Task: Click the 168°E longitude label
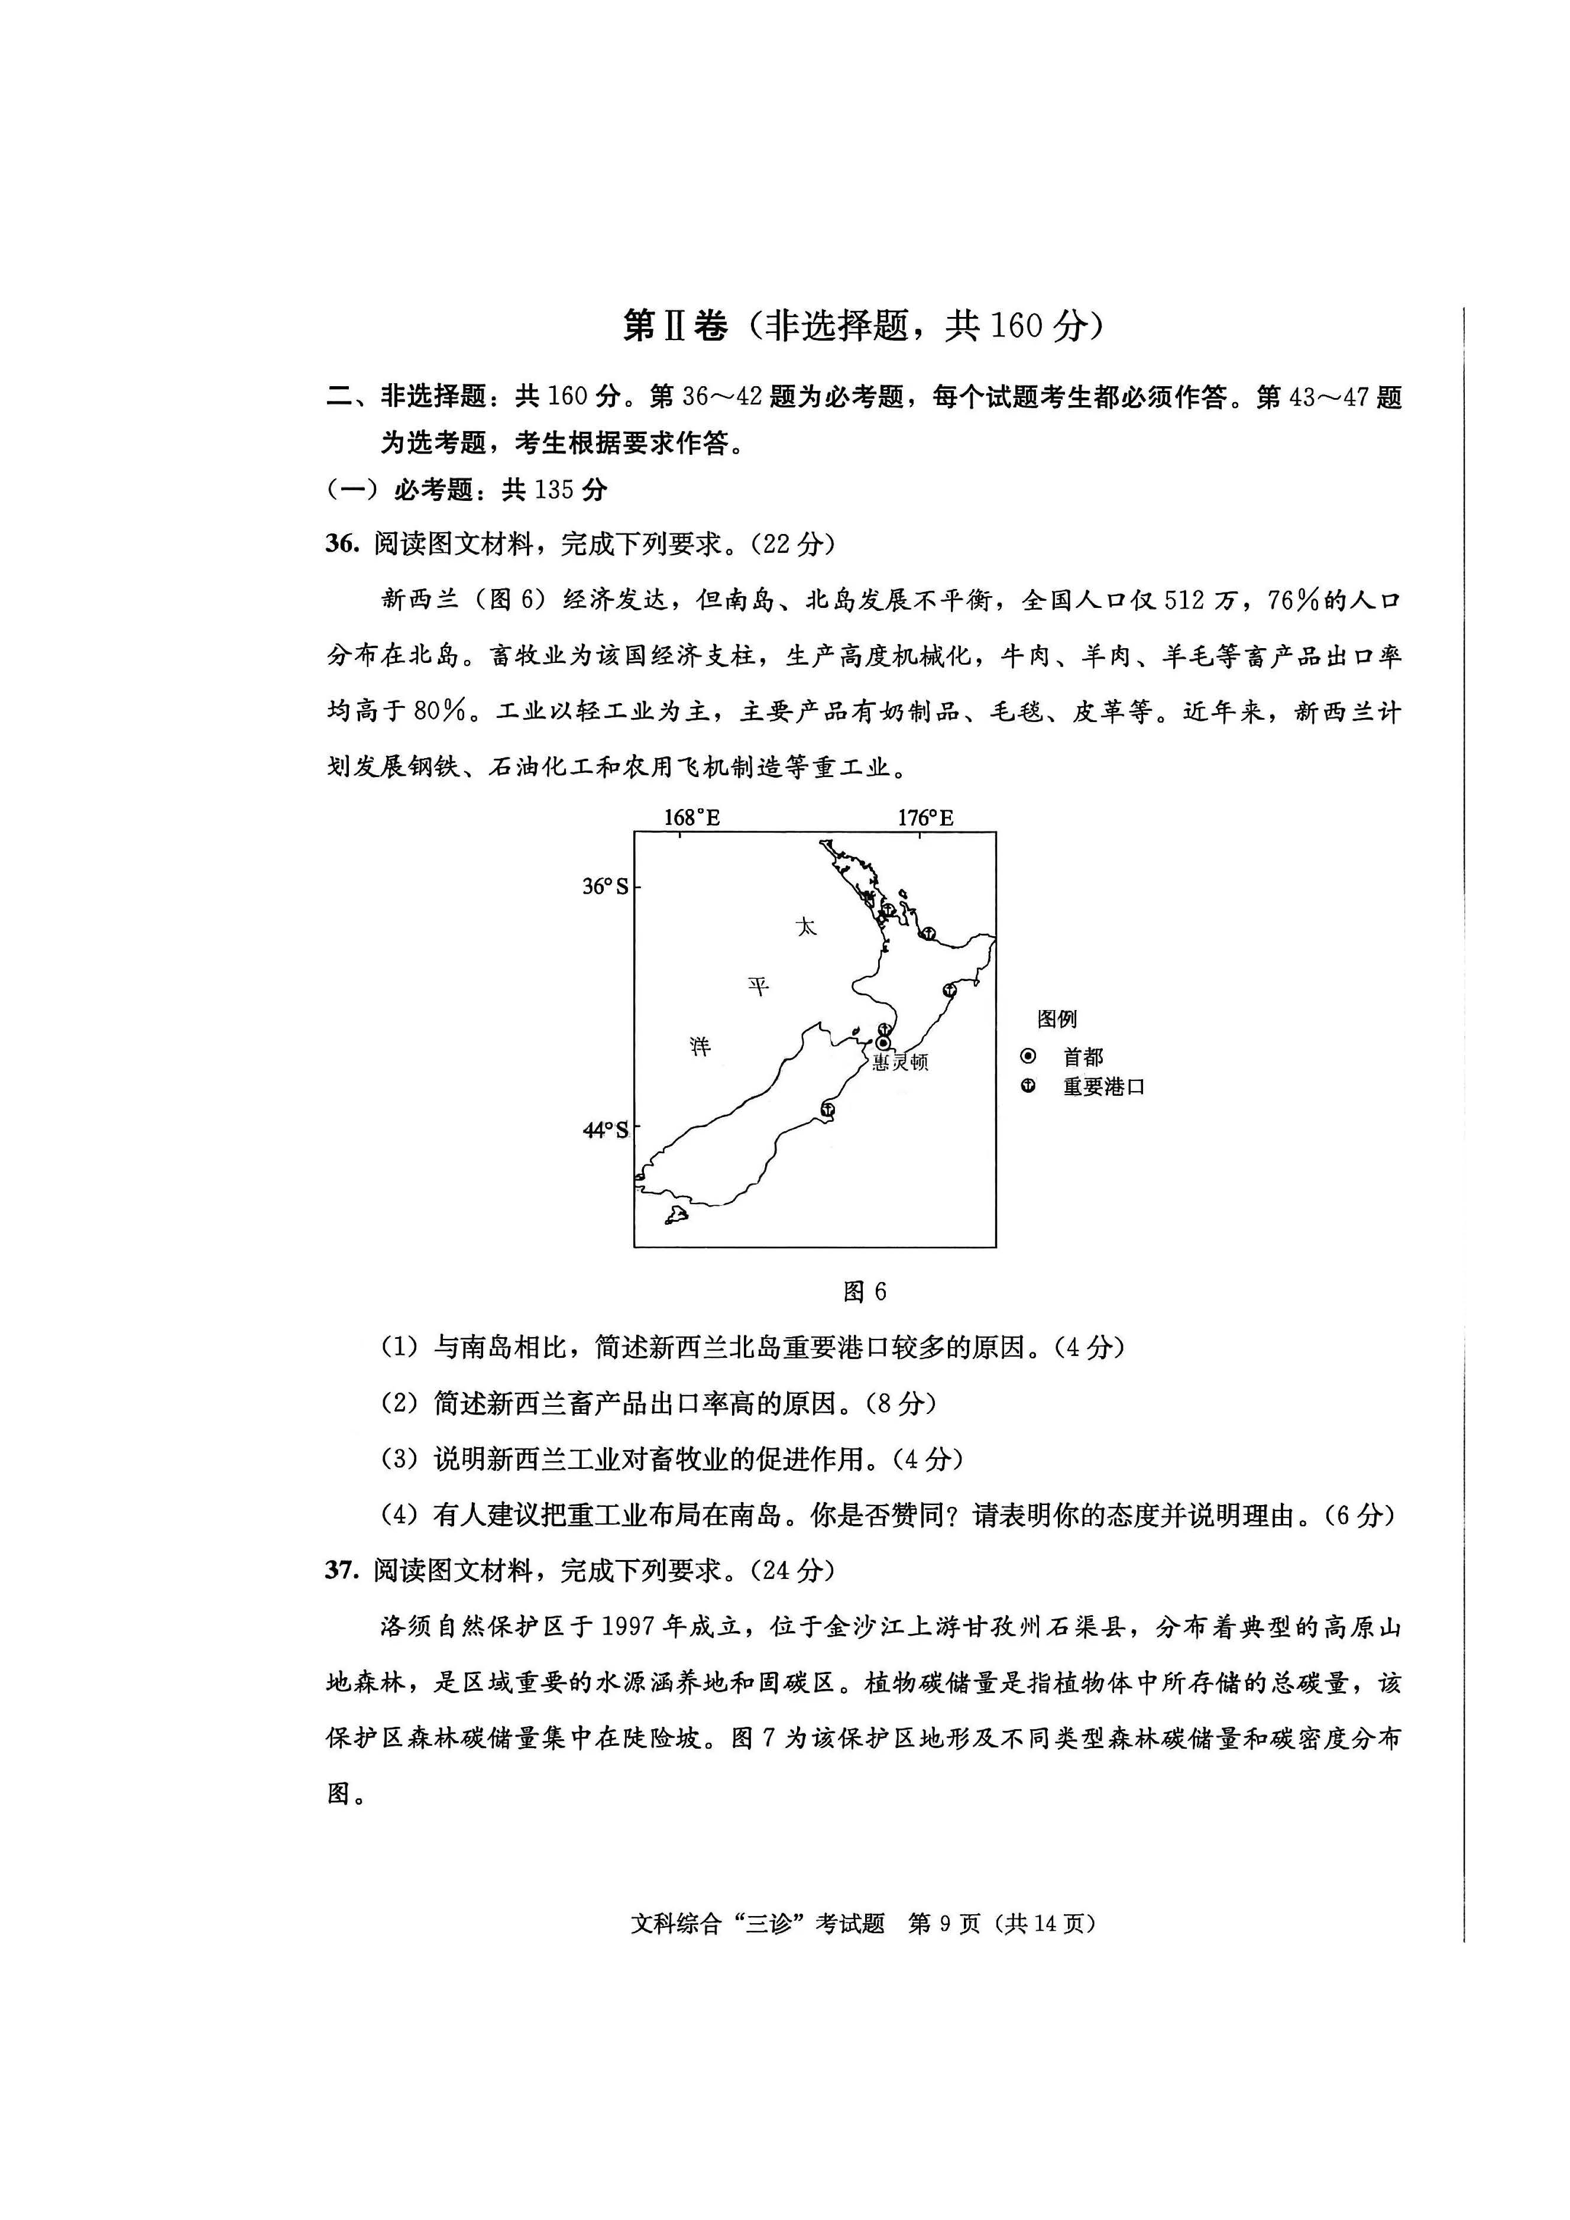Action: tap(691, 818)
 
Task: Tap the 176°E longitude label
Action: tap(925, 818)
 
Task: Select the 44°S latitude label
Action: tap(605, 1130)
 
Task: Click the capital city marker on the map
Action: tap(883, 1043)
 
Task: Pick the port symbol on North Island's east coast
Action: tap(950, 991)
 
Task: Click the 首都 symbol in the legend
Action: tap(1028, 1056)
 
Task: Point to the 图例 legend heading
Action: tap(1057, 1019)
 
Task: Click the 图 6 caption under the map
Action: tap(865, 1292)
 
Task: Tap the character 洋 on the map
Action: tap(700, 1045)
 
